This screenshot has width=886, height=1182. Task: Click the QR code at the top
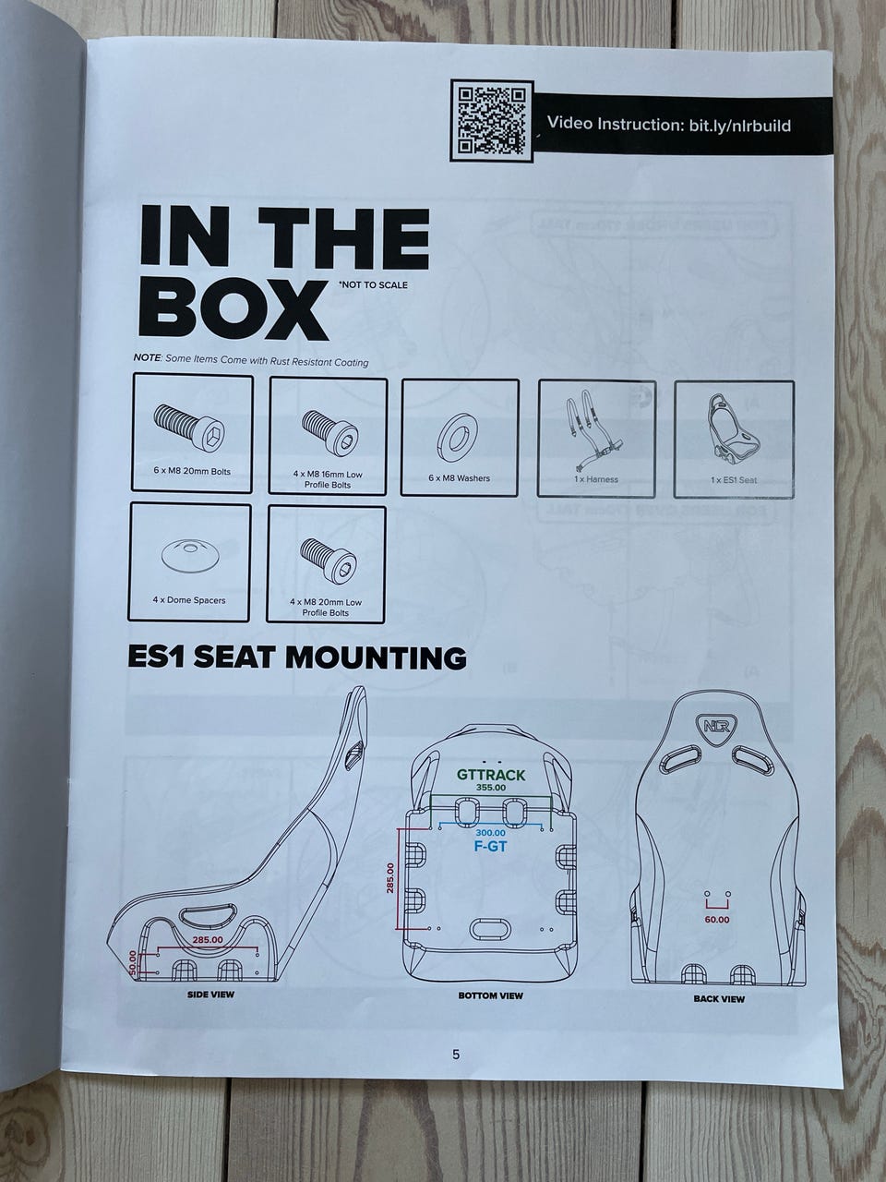click(x=492, y=121)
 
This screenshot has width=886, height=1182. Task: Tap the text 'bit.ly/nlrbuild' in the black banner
click(x=739, y=126)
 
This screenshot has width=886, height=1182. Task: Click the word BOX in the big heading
click(x=233, y=308)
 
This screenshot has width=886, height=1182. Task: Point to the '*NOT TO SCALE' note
click(x=372, y=284)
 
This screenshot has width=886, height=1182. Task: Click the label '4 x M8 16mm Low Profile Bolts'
click(x=327, y=479)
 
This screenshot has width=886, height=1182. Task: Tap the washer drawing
click(x=459, y=440)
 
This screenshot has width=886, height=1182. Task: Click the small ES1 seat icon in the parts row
click(x=733, y=432)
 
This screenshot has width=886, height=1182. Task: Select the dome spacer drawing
click(x=189, y=554)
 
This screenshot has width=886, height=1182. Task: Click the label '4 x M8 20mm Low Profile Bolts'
click(x=326, y=608)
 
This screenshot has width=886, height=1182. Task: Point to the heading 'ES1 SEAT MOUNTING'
click(x=297, y=657)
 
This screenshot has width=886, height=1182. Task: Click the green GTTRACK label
click(x=491, y=775)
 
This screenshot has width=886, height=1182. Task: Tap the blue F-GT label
click(x=490, y=847)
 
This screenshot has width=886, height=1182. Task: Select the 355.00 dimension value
click(x=491, y=788)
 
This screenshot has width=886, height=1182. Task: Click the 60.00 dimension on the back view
click(x=717, y=919)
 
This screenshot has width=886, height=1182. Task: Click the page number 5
click(x=456, y=1070)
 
